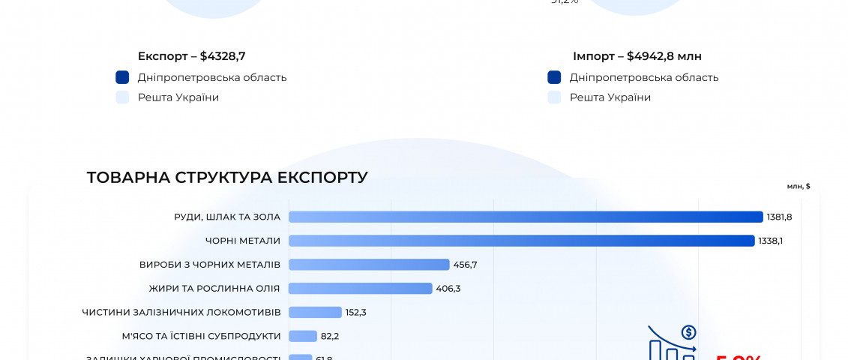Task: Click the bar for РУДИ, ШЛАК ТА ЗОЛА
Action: [525, 217]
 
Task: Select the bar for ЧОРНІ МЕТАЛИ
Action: [521, 241]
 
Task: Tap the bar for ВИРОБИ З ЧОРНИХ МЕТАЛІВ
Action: [369, 265]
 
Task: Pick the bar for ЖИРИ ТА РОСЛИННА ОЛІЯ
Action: [360, 289]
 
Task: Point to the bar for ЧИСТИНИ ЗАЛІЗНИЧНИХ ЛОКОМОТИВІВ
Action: [315, 312]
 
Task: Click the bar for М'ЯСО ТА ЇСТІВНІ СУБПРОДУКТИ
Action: [303, 336]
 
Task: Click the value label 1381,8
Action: [779, 217]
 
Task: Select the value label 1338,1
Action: [771, 241]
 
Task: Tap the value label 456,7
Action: [466, 265]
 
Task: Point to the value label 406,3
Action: [448, 289]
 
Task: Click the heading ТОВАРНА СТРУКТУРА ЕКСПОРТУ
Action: [227, 178]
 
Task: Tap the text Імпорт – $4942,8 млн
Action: [637, 56]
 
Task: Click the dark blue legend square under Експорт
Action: [123, 77]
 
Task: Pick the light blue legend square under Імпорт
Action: [555, 97]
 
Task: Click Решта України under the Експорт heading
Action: [178, 97]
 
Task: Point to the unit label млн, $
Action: [799, 186]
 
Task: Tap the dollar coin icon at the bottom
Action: [688, 332]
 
